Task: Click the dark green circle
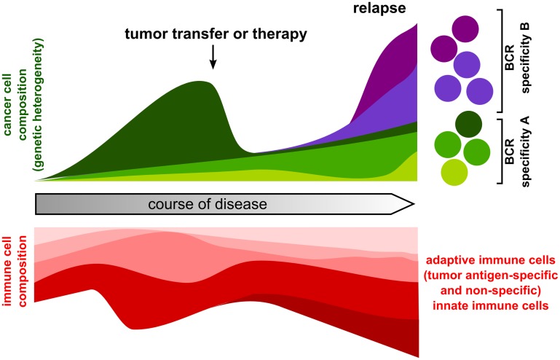point(465,125)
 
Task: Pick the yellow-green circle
point(454,171)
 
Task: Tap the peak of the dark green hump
point(198,82)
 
